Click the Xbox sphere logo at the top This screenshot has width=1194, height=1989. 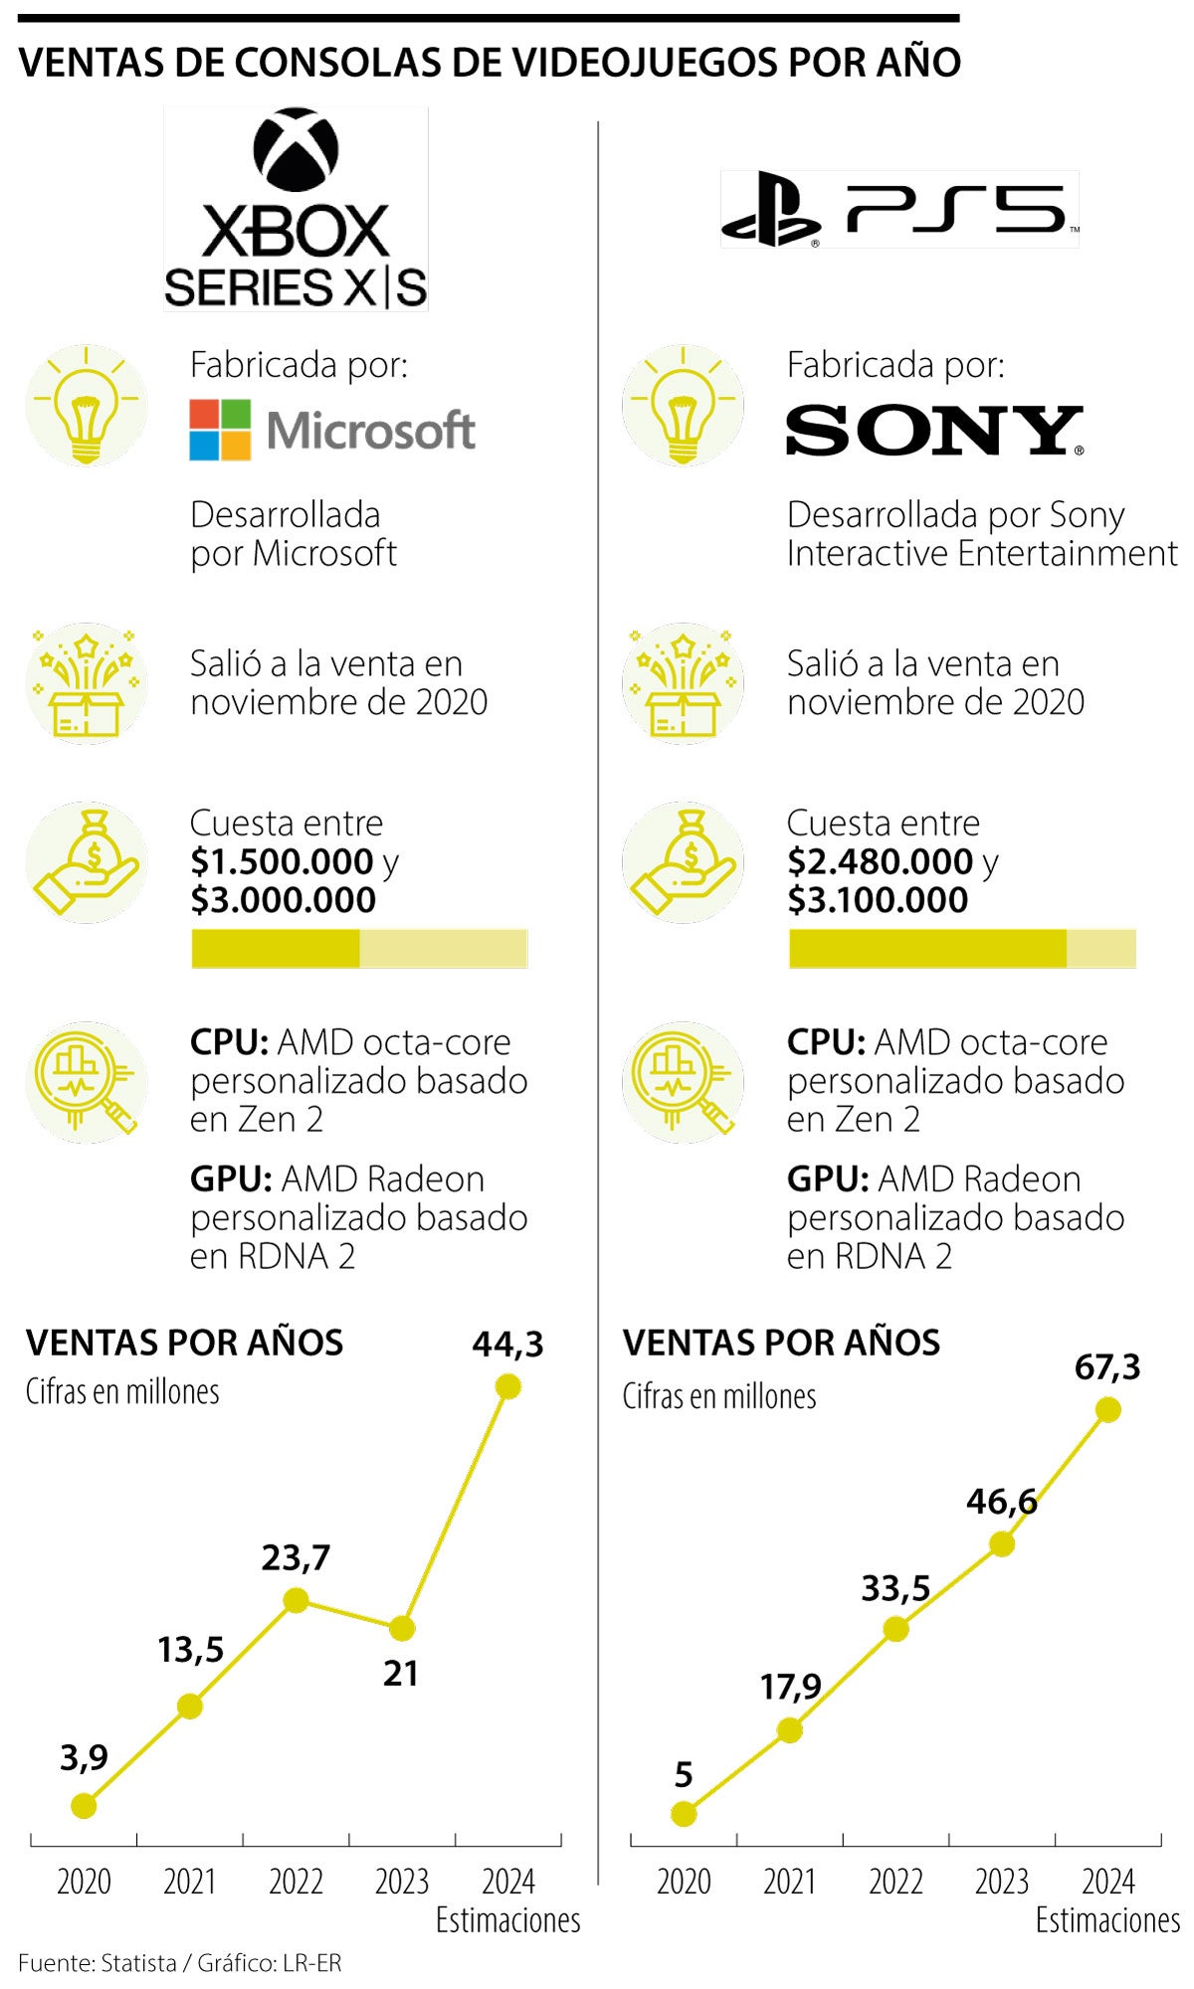297,150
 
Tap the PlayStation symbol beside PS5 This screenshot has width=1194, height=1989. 769,210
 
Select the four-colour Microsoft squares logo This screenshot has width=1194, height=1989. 220,430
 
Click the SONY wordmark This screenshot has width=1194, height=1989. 933,430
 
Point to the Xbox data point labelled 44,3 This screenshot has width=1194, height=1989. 507,1386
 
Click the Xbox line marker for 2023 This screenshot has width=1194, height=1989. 401,1628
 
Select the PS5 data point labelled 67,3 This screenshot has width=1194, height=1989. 1107,1409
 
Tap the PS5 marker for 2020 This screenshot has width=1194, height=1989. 684,1814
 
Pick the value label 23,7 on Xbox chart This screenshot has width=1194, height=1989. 296,1557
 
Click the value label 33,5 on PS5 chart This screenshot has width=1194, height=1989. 895,1588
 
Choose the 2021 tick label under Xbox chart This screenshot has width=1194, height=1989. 190,1882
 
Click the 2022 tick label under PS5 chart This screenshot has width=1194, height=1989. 895,1882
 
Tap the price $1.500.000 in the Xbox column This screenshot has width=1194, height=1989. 282,861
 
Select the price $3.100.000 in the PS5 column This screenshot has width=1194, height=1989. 877,900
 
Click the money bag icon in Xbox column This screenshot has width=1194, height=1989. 87,862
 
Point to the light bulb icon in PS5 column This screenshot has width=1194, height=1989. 683,405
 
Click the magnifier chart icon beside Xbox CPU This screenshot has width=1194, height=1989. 87,1082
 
